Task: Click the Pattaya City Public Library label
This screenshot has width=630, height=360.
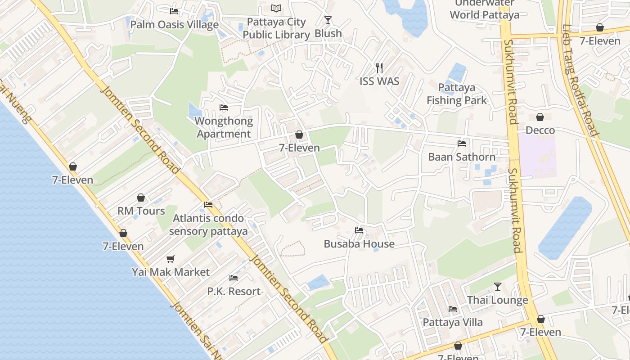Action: (276, 28)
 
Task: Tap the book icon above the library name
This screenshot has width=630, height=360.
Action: (276, 8)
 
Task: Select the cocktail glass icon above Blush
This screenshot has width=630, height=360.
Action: (328, 20)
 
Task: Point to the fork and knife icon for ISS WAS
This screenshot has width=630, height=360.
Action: (379, 68)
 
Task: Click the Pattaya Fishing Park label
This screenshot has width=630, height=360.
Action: (457, 94)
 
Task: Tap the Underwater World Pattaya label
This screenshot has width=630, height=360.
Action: (484, 9)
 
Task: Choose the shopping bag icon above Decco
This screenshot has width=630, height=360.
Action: (540, 117)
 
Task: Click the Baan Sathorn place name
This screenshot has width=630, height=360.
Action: (462, 157)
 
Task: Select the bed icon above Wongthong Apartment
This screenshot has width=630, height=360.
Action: (224, 108)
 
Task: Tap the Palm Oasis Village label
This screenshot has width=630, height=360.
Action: (175, 25)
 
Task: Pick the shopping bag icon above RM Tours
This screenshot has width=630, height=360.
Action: (141, 198)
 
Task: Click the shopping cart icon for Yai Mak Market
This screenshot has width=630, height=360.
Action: (170, 259)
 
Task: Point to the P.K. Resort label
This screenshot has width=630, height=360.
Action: (234, 291)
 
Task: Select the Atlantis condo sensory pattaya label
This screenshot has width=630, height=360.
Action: (208, 225)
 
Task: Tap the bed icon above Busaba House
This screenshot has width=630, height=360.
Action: (359, 230)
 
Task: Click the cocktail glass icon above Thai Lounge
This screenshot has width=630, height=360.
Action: (497, 286)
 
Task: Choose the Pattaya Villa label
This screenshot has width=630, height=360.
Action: (452, 322)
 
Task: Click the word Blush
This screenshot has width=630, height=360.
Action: (328, 34)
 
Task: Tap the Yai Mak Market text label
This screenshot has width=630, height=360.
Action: (171, 272)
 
